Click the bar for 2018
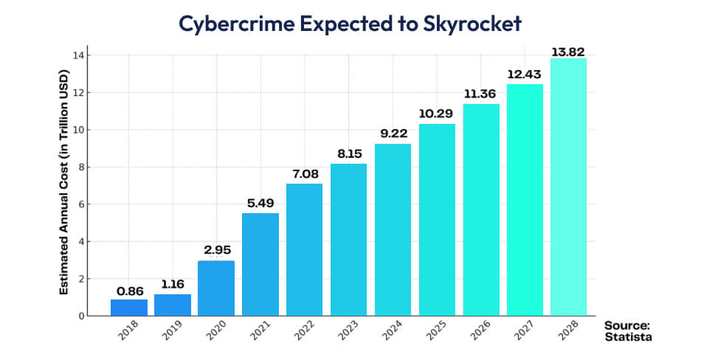(x=129, y=308)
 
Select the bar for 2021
(x=261, y=265)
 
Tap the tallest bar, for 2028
(x=569, y=187)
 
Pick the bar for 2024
(x=393, y=230)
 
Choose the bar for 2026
(x=481, y=210)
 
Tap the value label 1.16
(x=173, y=284)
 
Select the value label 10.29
(x=437, y=114)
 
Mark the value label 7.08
(x=305, y=174)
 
